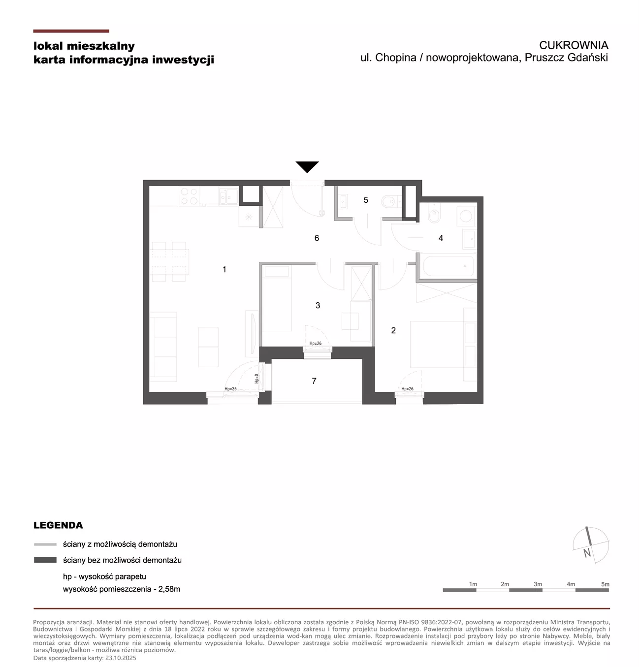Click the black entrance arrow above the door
tap(307, 166)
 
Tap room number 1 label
tap(224, 269)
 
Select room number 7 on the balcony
tap(314, 381)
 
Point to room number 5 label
tap(365, 200)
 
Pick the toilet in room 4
tap(434, 214)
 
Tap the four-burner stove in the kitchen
tap(189, 196)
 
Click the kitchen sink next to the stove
tap(228, 196)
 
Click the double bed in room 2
tap(443, 344)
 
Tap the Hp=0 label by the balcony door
tap(256, 378)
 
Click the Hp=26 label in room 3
tap(315, 343)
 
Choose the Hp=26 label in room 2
tap(407, 388)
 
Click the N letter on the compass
tap(586, 553)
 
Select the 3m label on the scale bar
tap(537, 584)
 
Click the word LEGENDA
tap(58, 525)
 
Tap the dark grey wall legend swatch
tap(45, 560)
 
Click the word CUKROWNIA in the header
tap(573, 45)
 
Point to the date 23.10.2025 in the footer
tap(120, 658)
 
